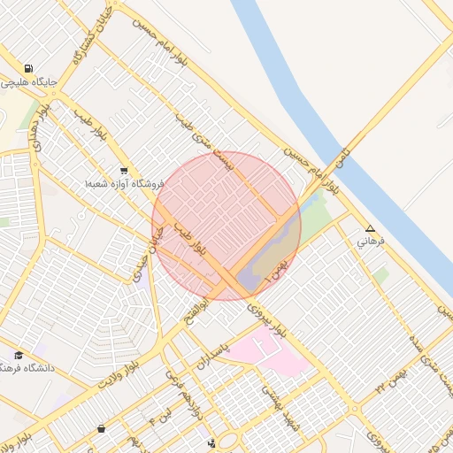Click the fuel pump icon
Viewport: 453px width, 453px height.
(29, 68)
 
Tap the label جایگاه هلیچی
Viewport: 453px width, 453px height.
(29, 82)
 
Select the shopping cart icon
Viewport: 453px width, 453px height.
(123, 171)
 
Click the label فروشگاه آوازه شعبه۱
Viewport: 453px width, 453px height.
(125, 183)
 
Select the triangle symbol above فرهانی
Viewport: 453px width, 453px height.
(370, 228)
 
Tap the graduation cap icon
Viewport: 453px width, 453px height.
(19, 355)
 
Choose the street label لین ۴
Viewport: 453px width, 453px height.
(163, 411)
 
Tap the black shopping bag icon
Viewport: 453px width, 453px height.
(101, 429)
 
